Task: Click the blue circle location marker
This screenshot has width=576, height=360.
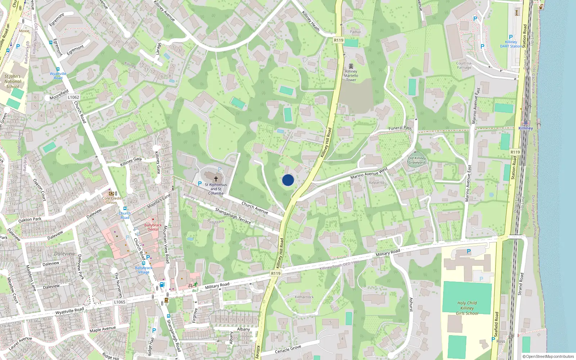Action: click(x=288, y=180)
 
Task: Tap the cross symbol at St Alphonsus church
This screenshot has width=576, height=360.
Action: click(x=216, y=179)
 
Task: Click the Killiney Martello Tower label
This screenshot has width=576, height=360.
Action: click(x=351, y=75)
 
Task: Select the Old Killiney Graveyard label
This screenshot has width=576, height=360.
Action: click(x=417, y=160)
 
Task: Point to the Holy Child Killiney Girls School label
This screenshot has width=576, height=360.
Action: click(x=467, y=308)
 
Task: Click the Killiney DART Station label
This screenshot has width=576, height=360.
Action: click(x=511, y=44)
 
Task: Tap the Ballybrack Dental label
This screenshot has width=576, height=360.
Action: click(x=153, y=227)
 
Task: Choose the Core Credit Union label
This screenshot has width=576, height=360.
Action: click(x=112, y=200)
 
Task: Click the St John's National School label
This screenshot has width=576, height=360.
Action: click(x=13, y=81)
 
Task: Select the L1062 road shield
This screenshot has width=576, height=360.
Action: click(x=73, y=97)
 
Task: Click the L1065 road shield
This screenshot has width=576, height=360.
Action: click(x=120, y=302)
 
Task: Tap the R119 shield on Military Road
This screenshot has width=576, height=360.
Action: click(x=275, y=274)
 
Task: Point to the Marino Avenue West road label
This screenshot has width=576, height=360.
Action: click(x=369, y=173)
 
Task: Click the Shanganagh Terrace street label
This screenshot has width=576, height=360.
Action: click(x=233, y=216)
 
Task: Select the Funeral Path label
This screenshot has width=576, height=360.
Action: click(x=400, y=128)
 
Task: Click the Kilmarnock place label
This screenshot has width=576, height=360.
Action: click(x=304, y=297)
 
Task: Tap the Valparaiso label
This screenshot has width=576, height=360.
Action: click(x=377, y=183)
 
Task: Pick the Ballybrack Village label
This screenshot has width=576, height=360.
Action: click(x=144, y=270)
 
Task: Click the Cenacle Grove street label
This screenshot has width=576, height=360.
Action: click(x=288, y=350)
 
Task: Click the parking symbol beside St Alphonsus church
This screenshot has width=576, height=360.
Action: click(x=200, y=184)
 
